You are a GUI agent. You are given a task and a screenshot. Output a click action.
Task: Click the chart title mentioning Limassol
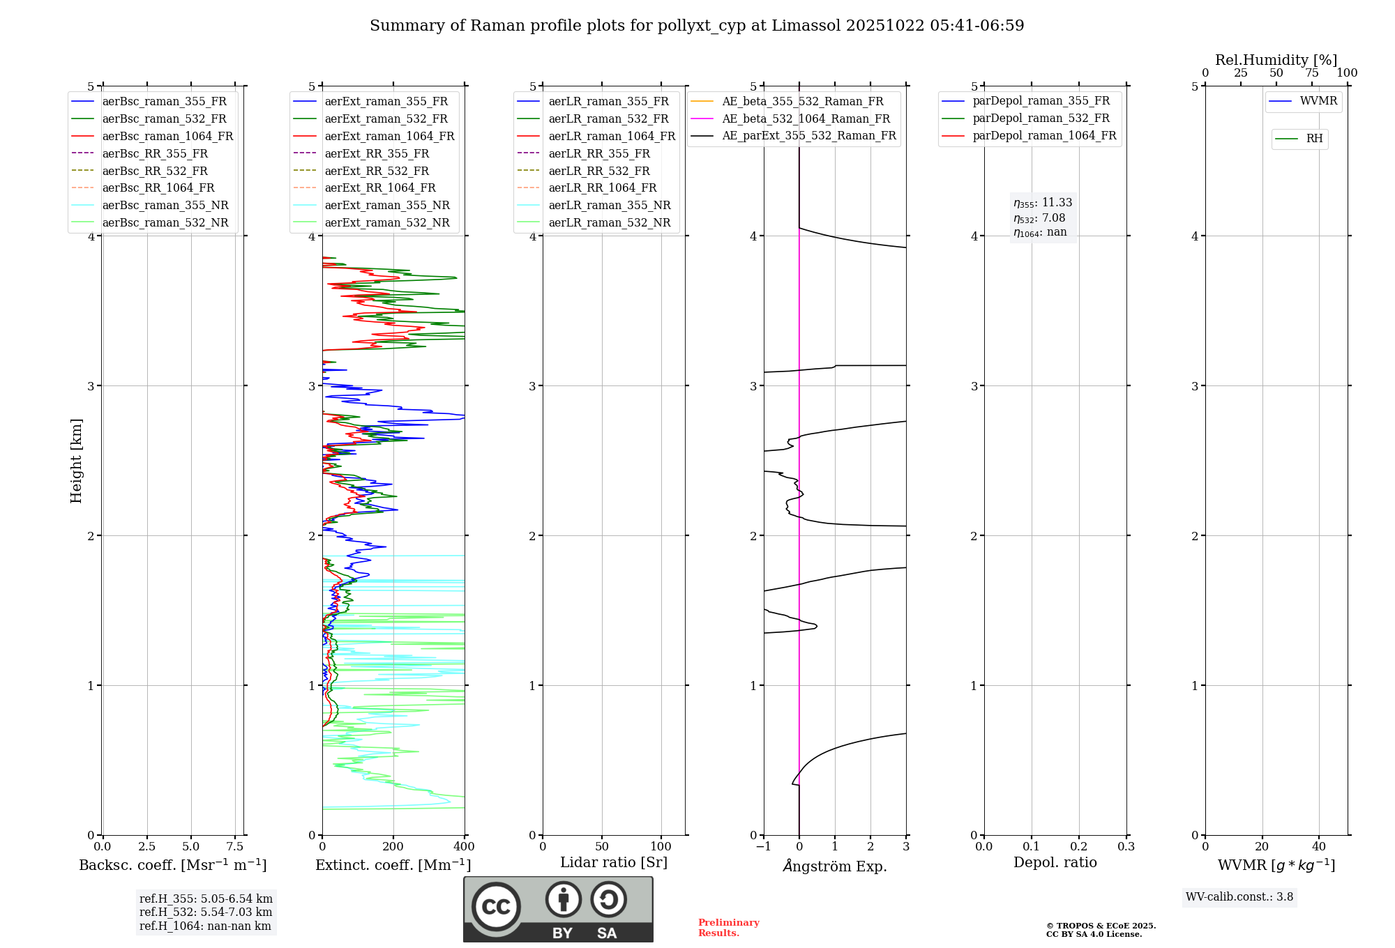tap(697, 26)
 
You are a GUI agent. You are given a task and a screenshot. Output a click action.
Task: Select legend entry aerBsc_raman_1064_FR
tap(167, 136)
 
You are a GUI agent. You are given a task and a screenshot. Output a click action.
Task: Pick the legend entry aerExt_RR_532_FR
tap(377, 171)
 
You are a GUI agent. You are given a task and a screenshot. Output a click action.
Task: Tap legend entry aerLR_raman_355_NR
tap(609, 205)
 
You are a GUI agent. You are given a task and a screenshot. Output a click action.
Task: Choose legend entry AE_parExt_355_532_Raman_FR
tap(808, 135)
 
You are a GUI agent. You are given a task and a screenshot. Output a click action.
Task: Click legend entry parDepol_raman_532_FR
tap(1041, 118)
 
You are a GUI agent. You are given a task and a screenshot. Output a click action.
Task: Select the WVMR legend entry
tap(1318, 101)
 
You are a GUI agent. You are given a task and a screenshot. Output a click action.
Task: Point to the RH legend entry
tap(1314, 139)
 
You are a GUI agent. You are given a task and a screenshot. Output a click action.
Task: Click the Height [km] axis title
tap(77, 460)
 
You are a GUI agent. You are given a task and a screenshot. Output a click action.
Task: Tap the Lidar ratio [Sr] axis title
tap(614, 862)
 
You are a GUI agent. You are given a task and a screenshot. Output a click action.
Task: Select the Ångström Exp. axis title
tap(835, 866)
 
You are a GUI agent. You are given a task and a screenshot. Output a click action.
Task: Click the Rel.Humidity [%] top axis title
tap(1276, 60)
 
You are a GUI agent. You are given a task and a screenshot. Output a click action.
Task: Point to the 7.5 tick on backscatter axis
tap(235, 846)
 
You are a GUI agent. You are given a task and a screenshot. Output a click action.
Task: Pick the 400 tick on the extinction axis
tap(464, 846)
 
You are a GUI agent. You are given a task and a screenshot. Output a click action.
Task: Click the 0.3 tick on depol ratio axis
tap(1126, 846)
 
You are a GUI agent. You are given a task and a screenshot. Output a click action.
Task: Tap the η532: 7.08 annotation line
tap(1039, 218)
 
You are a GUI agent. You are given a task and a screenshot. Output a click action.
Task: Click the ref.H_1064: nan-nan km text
tap(205, 926)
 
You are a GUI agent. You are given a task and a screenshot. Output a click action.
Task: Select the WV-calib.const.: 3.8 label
tap(1239, 896)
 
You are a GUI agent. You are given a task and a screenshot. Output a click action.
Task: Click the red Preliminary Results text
tap(728, 927)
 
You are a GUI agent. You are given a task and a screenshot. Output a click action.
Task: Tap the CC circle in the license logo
tap(496, 906)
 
